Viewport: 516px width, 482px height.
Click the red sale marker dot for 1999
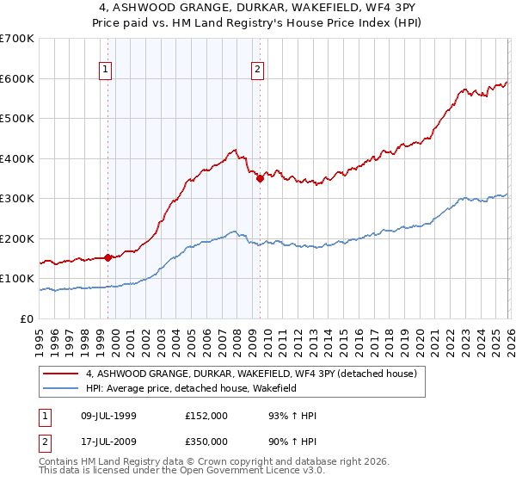coord(107,257)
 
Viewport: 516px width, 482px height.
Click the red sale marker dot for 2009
coord(259,178)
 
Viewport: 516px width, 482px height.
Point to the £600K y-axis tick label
coord(18,78)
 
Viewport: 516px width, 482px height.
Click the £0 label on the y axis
coord(27,318)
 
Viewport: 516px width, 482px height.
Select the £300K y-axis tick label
coord(18,198)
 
